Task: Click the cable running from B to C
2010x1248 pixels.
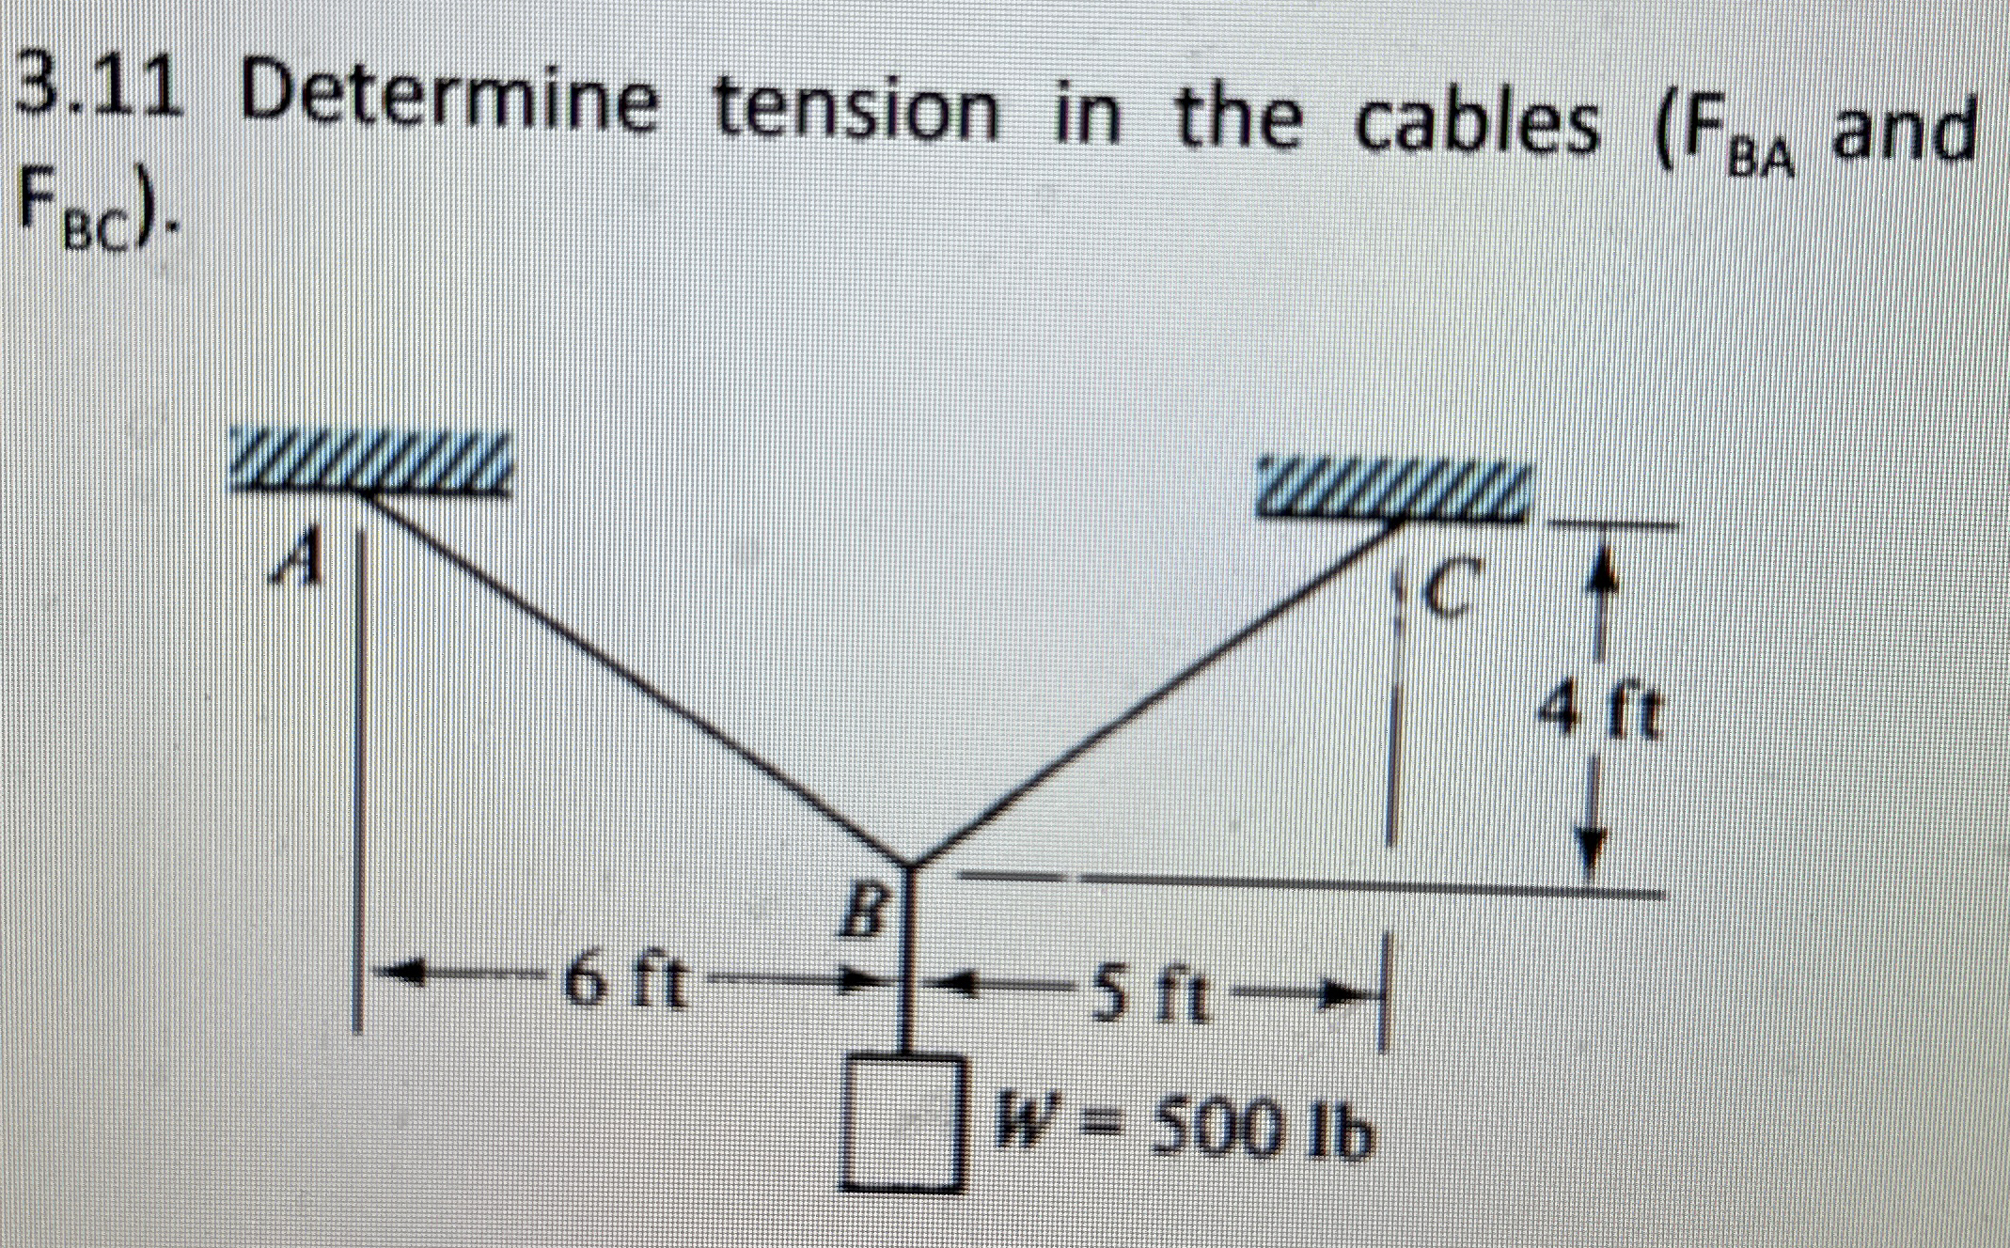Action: click(1156, 691)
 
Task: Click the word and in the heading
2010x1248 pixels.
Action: click(1899, 132)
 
